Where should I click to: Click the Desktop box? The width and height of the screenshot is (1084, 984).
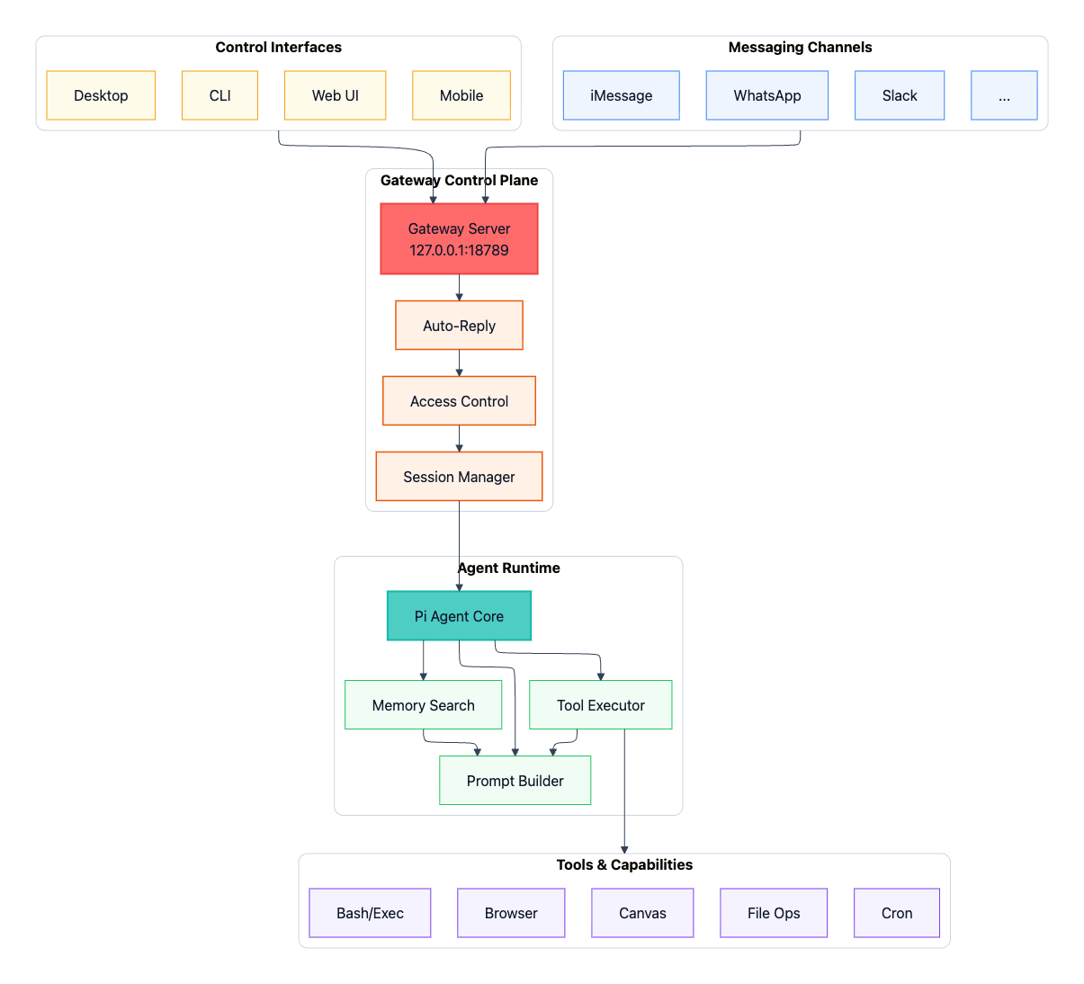(x=101, y=95)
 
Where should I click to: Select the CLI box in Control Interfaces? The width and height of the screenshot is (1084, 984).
(x=219, y=95)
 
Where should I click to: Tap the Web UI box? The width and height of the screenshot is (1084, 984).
(x=335, y=95)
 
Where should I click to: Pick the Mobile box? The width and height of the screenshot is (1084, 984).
(x=461, y=95)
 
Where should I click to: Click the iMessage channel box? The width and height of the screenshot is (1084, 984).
(x=621, y=95)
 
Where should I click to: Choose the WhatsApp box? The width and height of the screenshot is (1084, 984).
(x=766, y=95)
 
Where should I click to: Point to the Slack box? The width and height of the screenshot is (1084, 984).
(x=900, y=95)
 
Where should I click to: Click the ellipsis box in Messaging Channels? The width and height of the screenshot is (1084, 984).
(x=1004, y=95)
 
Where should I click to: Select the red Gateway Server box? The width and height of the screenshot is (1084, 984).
(x=459, y=238)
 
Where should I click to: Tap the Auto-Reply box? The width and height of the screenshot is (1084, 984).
(x=459, y=326)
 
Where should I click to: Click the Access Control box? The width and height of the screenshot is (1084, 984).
(x=459, y=401)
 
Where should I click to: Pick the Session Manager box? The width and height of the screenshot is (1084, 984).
(x=459, y=477)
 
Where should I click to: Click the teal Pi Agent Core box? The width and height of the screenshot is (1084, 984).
(x=459, y=616)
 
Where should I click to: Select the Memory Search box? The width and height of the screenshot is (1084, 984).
(x=423, y=705)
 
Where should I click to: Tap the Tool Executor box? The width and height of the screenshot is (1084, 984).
(x=600, y=705)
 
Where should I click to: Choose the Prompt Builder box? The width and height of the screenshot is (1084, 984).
(x=515, y=781)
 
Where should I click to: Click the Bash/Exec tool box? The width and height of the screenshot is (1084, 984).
(x=370, y=913)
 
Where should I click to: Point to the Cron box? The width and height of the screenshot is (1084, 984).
(x=897, y=913)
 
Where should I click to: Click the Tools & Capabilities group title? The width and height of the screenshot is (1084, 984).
(x=624, y=864)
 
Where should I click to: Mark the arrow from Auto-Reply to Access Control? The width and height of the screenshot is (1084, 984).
(x=459, y=363)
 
